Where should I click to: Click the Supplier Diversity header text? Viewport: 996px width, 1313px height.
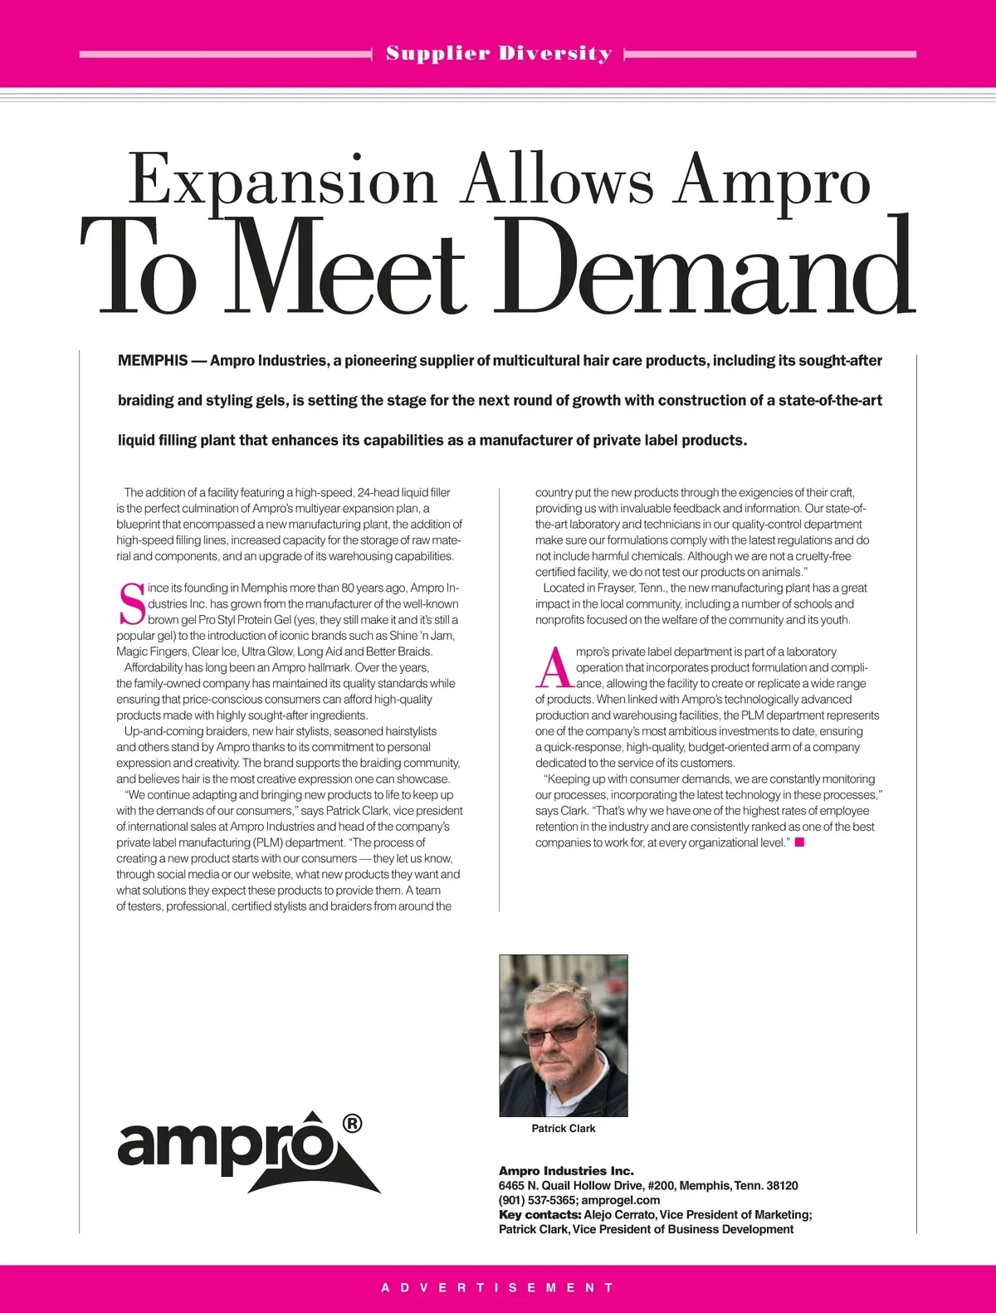499,54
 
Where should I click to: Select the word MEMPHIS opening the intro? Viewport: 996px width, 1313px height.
153,361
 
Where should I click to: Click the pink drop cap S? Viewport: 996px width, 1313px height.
131,604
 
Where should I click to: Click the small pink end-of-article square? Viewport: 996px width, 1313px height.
799,842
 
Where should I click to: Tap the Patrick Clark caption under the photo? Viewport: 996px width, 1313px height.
564,1129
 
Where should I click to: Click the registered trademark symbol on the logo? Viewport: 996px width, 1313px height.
351,1124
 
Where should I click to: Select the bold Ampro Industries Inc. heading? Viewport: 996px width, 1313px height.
566,1171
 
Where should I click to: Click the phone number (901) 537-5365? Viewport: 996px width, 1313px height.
536,1200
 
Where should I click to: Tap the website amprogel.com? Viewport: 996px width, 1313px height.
621,1200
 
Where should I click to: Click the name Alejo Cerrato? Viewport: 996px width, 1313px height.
625,1215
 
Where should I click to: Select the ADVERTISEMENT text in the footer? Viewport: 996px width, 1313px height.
498,1288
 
